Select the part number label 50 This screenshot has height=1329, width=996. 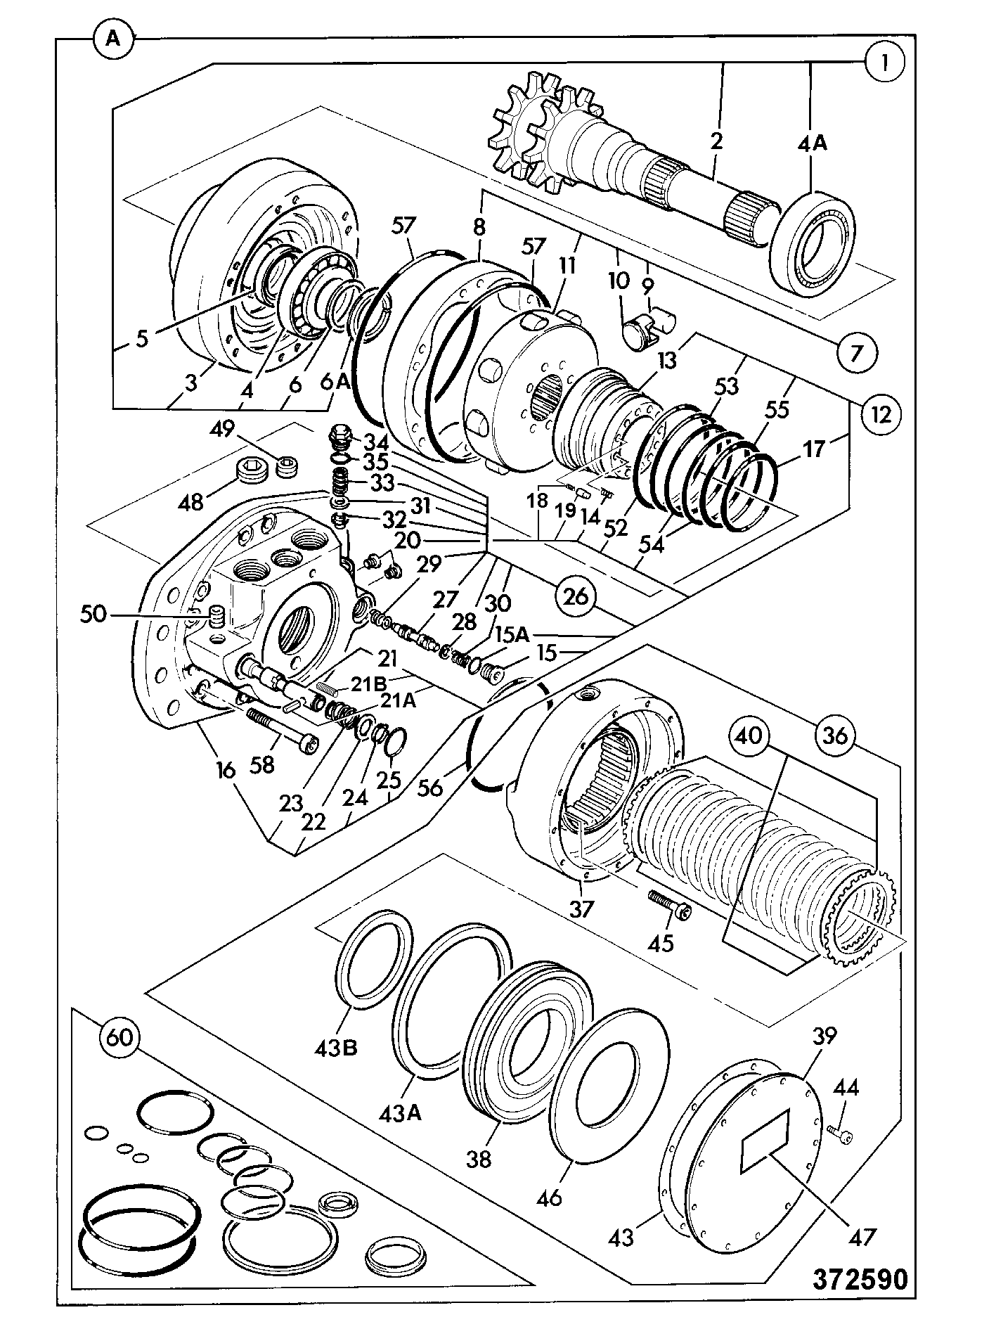tap(94, 615)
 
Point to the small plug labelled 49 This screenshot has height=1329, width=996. tap(287, 466)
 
